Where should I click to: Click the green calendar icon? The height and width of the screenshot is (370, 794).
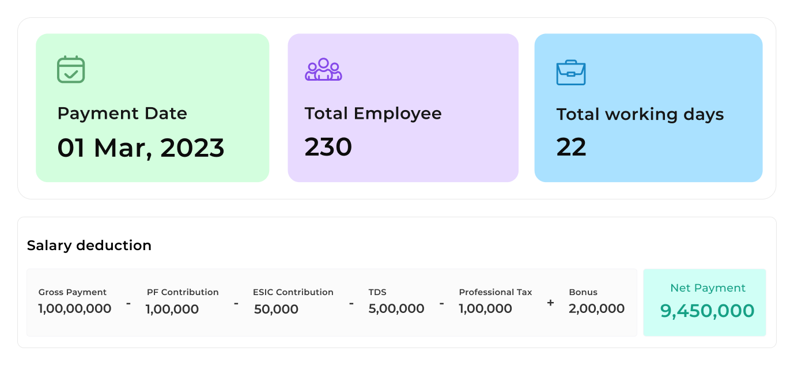[x=71, y=69]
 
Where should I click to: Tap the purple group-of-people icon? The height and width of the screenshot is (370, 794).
[x=323, y=69]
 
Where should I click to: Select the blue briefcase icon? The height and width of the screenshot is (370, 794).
[x=570, y=73]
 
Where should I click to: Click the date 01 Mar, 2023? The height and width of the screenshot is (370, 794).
[x=141, y=148]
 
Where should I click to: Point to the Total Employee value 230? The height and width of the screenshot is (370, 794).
[x=328, y=147]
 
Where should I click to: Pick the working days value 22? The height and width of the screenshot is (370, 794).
[x=571, y=147]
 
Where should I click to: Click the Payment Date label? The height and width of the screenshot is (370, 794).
[x=122, y=113]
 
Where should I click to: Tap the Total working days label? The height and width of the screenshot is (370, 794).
[x=640, y=114]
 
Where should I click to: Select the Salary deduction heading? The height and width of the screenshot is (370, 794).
[x=89, y=246]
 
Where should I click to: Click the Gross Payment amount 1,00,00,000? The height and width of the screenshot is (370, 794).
[x=75, y=309]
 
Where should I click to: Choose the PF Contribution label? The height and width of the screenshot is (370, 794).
[x=183, y=292]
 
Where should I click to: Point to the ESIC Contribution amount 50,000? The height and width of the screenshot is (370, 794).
[x=276, y=309]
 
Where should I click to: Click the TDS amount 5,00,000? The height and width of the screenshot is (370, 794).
[x=396, y=309]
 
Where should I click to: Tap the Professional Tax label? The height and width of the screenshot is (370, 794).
[x=496, y=292]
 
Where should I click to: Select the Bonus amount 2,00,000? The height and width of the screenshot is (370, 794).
[x=596, y=309]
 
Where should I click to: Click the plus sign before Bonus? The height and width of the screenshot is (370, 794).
[x=550, y=303]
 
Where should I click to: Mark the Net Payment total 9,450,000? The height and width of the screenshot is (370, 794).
[x=707, y=311]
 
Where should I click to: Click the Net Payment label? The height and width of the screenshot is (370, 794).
[x=708, y=288]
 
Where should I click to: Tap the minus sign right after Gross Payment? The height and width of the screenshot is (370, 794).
[x=128, y=303]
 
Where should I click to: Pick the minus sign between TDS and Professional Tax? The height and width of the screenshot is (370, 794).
[x=441, y=303]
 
